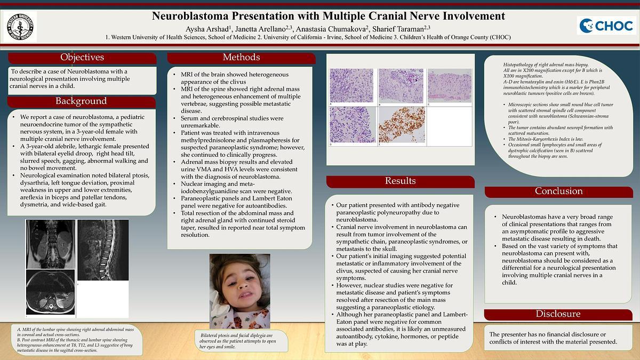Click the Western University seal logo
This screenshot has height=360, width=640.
click(21, 26)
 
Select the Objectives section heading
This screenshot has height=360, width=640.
click(82, 58)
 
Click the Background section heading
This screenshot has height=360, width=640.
click(81, 101)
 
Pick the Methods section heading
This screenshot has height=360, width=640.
click(241, 58)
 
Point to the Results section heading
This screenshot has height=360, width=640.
click(400, 181)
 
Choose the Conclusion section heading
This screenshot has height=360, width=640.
click(558, 191)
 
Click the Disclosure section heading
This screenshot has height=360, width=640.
click(558, 314)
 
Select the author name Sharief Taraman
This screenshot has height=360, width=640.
click(403, 28)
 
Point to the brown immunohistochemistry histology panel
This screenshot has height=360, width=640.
click(401, 125)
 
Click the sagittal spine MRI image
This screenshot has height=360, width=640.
click(102, 250)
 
